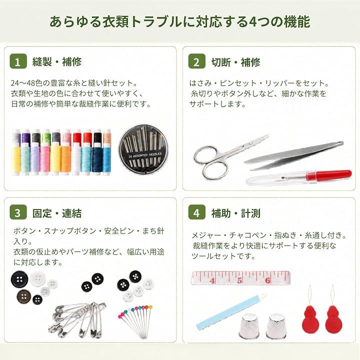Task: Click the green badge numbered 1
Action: pos(18,61)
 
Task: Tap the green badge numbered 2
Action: pos(196,61)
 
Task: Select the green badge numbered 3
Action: pos(18,212)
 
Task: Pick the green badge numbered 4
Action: pos(196,212)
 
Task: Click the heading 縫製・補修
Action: pos(57,62)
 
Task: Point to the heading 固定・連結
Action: pos(57,213)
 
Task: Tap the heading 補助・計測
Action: pos(236,213)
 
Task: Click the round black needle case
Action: pos(143,149)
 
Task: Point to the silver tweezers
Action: pos(294,155)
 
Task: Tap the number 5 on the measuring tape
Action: pos(239,280)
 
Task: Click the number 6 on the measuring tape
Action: pos(267,280)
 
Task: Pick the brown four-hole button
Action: pos(23,296)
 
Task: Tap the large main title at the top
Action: pos(180,22)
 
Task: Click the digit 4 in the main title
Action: pos(252,22)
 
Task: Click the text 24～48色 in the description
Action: pos(27,83)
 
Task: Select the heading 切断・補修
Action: pos(236,62)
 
